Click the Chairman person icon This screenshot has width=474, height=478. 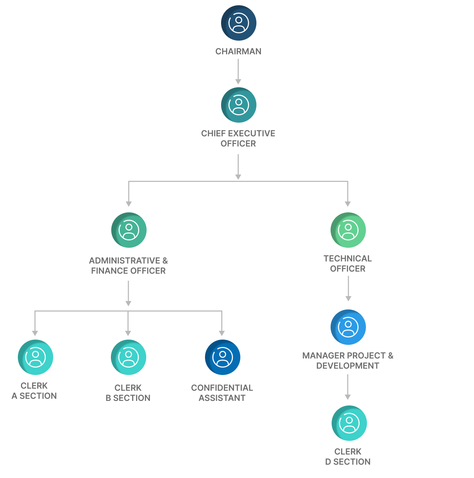pyautogui.click(x=239, y=23)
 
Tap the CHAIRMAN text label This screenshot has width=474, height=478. pyautogui.click(x=238, y=52)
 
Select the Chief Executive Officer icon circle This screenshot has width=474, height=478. pyautogui.click(x=239, y=105)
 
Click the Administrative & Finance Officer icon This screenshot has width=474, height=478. pyautogui.click(x=129, y=230)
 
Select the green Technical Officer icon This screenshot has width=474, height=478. pyautogui.click(x=348, y=230)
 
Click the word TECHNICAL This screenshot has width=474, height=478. pyautogui.click(x=347, y=259)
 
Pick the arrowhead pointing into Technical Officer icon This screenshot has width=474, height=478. pyautogui.click(x=348, y=204)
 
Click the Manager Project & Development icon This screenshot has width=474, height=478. pyautogui.click(x=348, y=327)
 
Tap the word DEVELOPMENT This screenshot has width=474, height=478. pyautogui.click(x=347, y=366)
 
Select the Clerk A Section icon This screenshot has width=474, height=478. pyautogui.click(x=35, y=357)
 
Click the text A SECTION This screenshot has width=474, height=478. pyautogui.click(x=34, y=396)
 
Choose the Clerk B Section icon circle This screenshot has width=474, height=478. pyautogui.click(x=128, y=357)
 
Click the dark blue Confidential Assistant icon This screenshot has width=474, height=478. pyautogui.click(x=222, y=357)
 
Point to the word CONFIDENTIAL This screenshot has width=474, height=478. pyautogui.click(x=222, y=388)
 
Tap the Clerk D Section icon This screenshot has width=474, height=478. pyautogui.click(x=349, y=423)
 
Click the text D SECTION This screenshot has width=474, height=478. pyautogui.click(x=348, y=462)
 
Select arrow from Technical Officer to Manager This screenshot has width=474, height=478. pyautogui.click(x=348, y=288)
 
